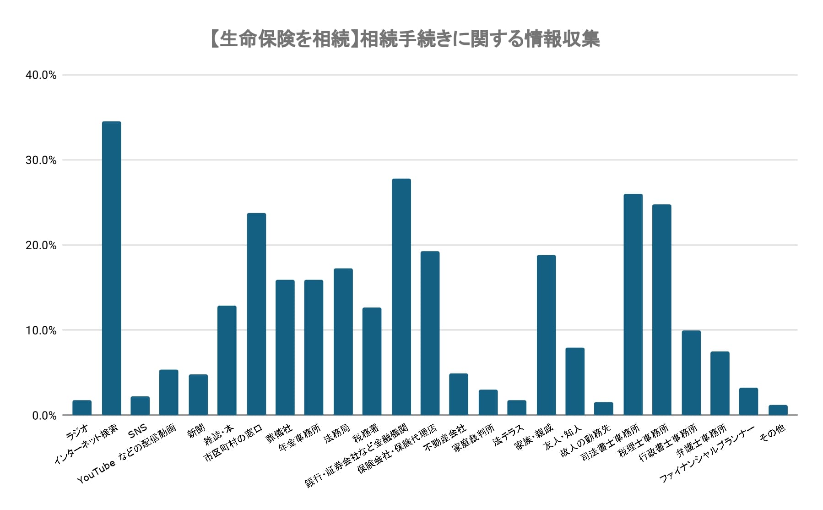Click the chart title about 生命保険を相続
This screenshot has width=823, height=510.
pyautogui.click(x=405, y=39)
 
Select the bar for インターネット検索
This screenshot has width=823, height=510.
pyautogui.click(x=111, y=268)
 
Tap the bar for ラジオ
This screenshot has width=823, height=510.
pyautogui.click(x=82, y=408)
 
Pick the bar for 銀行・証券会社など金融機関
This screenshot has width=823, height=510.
pyautogui.click(x=401, y=297)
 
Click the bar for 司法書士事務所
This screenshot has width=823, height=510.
pyautogui.click(x=633, y=305)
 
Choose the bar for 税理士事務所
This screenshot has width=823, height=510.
pyautogui.click(x=661, y=310)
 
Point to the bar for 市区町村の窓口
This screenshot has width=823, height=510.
pyautogui.click(x=256, y=314)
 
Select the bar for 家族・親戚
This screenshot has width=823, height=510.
pyautogui.click(x=546, y=335)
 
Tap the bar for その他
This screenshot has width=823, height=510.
pyautogui.click(x=778, y=410)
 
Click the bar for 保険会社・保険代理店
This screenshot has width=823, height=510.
pyautogui.click(x=430, y=333)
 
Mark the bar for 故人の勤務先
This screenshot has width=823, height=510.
pyautogui.click(x=603, y=409)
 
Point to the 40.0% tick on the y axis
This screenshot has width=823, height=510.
pyautogui.click(x=41, y=75)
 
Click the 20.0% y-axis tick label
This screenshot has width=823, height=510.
pyautogui.click(x=41, y=246)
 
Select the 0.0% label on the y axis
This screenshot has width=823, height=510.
pyautogui.click(x=44, y=416)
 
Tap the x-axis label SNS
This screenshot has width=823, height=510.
pyautogui.click(x=137, y=431)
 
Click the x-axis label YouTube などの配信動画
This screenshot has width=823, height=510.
pyautogui.click(x=127, y=454)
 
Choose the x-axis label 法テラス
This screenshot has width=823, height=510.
pyautogui.click(x=508, y=435)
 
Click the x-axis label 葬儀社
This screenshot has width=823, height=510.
pyautogui.click(x=279, y=433)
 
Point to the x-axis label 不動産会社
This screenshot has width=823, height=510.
pyautogui.click(x=444, y=438)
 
